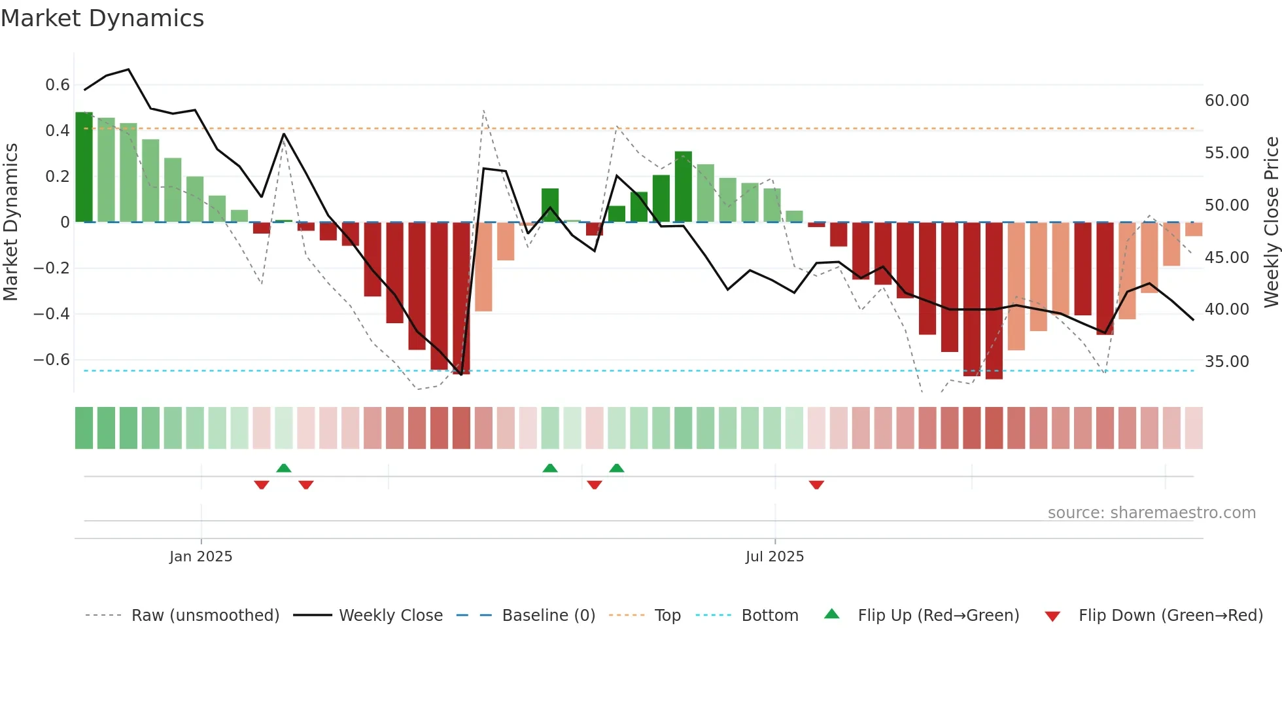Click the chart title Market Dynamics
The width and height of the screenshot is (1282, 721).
[103, 18]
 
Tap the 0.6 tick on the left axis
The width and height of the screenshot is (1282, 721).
[58, 85]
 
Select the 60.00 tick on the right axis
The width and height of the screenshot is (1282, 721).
[1226, 101]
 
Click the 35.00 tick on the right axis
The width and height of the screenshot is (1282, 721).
[1226, 362]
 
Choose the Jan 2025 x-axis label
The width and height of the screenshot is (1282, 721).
[201, 557]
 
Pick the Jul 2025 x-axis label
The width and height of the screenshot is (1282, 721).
[774, 557]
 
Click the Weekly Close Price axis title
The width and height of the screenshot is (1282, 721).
[1271, 222]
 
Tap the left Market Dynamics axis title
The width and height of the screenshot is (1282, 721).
[10, 222]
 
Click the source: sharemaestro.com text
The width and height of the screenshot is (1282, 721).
[1151, 513]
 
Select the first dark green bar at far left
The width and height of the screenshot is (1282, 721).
[84, 167]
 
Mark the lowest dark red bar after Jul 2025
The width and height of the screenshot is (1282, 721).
[994, 301]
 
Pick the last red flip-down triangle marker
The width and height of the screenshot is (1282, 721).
[816, 485]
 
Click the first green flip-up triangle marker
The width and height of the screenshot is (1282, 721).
[284, 468]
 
